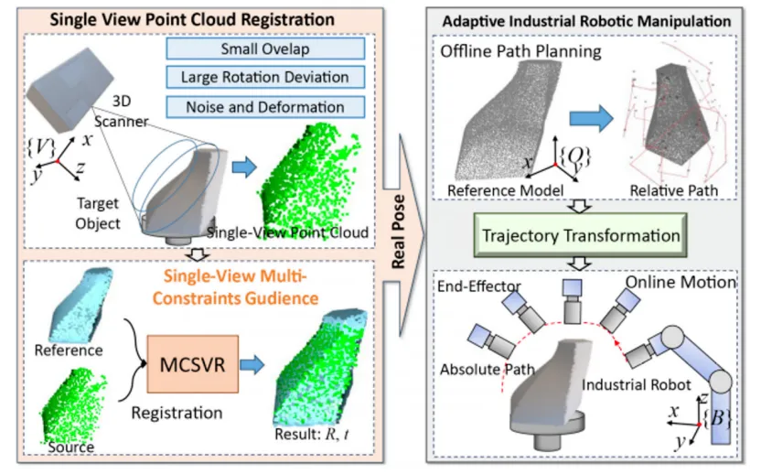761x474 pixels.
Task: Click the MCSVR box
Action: [193, 364]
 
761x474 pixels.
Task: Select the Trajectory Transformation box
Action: [581, 235]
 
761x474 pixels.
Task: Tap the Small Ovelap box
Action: [265, 48]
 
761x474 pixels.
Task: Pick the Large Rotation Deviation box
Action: [265, 77]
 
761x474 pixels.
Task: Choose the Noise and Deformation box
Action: [265, 107]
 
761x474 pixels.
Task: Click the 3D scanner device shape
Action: [70, 90]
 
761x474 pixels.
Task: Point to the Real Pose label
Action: [399, 232]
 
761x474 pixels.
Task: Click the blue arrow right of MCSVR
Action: [252, 365]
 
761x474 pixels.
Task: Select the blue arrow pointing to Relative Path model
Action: [591, 118]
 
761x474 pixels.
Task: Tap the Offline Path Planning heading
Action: [520, 51]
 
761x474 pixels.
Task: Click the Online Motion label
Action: [681, 282]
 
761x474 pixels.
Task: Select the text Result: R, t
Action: [312, 434]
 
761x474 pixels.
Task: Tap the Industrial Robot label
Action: [637, 385]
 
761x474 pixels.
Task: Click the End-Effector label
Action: [479, 286]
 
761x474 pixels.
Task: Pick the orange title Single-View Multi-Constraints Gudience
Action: [235, 287]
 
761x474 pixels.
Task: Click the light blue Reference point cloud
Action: [80, 304]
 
